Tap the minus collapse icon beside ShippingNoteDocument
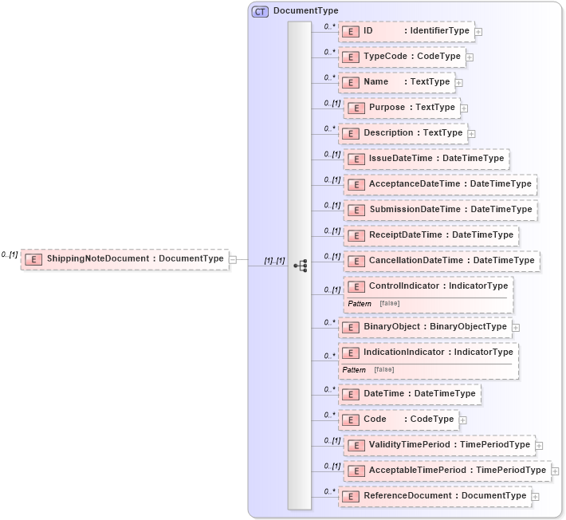pyautogui.click(x=232, y=258)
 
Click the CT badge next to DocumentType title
pyautogui.click(x=261, y=11)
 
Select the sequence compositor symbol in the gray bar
pyautogui.click(x=300, y=266)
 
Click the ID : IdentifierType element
pyautogui.click(x=407, y=31)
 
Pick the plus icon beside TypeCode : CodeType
pyautogui.click(x=470, y=57)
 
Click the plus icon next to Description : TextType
pyautogui.click(x=472, y=134)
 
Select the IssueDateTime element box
pyautogui.click(x=426, y=159)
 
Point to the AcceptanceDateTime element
pyautogui.click(x=440, y=184)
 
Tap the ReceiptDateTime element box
pyautogui.click(x=431, y=235)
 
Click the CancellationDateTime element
pyautogui.click(x=442, y=261)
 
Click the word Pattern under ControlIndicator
pyautogui.click(x=360, y=304)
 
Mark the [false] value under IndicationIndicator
pyautogui.click(x=383, y=370)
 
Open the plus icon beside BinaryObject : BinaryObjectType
pyautogui.click(x=516, y=327)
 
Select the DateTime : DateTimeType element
pyautogui.click(x=410, y=394)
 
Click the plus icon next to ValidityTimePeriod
pyautogui.click(x=540, y=446)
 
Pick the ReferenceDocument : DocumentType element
pyautogui.click(x=435, y=496)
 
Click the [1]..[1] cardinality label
pyautogui.click(x=274, y=261)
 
